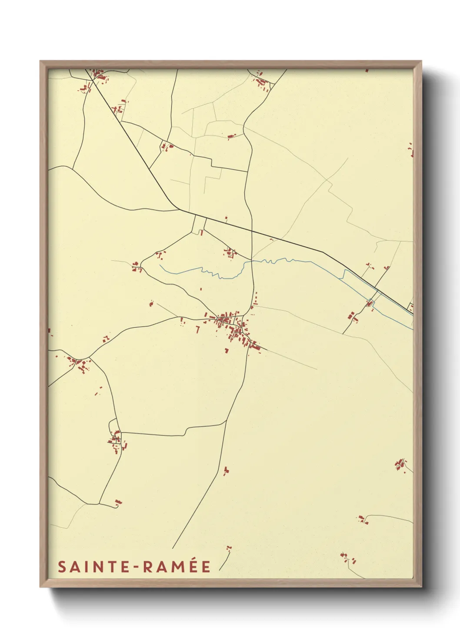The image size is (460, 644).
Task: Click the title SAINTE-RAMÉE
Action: point(134,567)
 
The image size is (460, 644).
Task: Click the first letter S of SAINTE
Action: point(62,567)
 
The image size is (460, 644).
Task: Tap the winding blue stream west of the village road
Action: point(204,272)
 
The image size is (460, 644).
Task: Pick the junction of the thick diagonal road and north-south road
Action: point(252,230)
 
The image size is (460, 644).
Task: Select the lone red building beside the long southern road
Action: point(226,470)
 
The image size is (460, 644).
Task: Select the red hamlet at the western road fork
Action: point(78,363)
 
